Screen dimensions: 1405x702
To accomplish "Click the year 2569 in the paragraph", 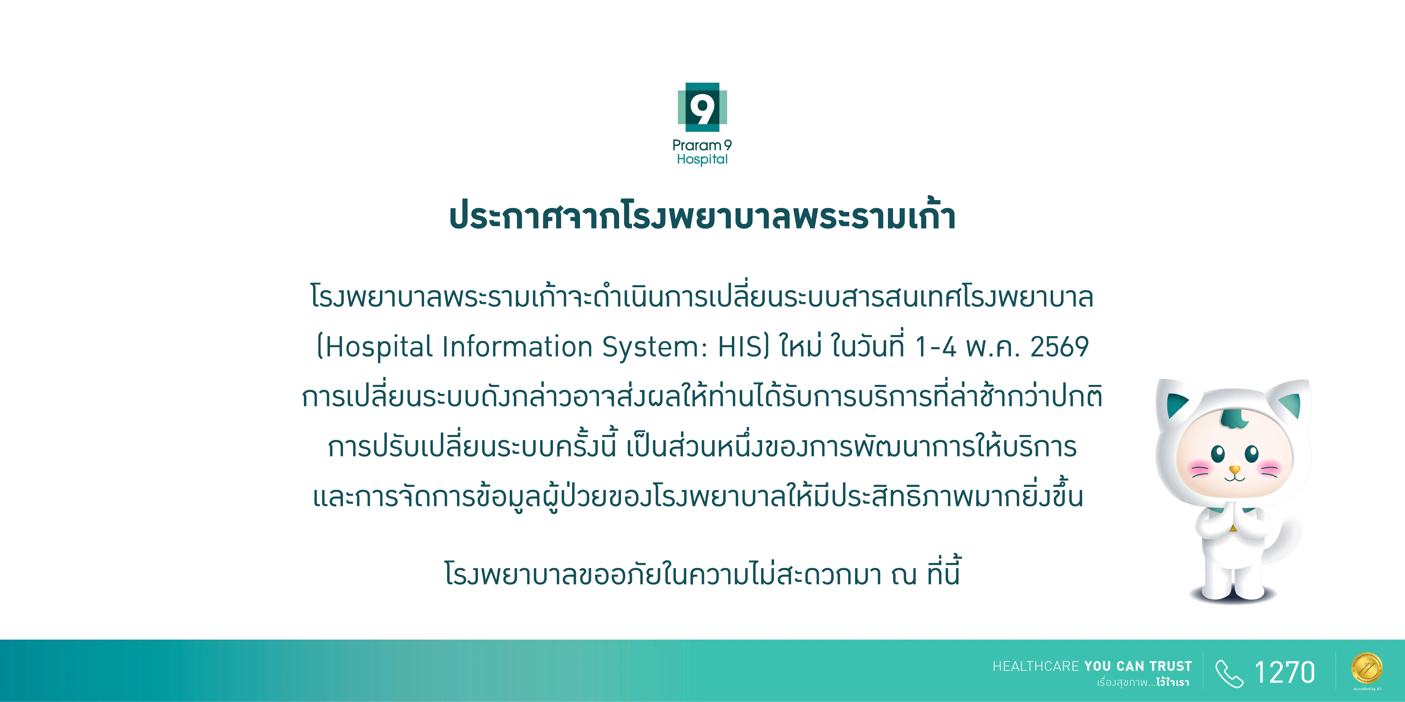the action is (x=1059, y=347).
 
